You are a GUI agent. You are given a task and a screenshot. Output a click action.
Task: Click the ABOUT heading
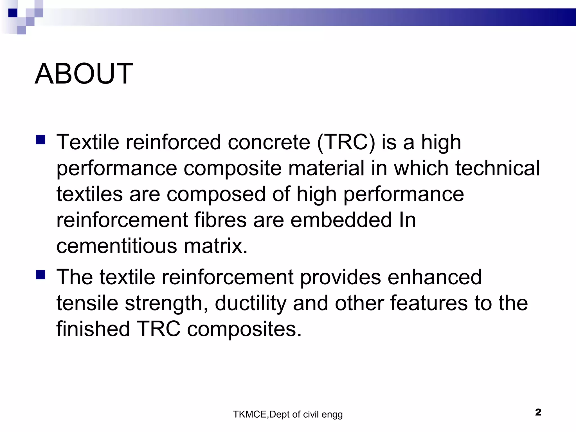coord(84,74)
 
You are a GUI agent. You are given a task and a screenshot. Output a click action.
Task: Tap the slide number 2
coord(538,412)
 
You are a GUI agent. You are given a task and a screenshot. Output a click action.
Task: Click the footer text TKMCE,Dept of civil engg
coord(288,415)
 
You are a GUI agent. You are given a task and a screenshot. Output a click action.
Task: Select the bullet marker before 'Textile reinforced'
coord(41,139)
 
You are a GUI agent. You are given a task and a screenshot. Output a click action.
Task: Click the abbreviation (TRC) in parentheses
coord(346,142)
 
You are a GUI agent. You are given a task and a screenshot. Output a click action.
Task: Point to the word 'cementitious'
coord(116,246)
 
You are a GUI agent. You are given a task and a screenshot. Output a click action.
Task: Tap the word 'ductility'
coord(250,304)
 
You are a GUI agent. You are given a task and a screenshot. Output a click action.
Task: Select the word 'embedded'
coord(341,220)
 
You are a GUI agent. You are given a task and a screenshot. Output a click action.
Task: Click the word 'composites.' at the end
coord(244,329)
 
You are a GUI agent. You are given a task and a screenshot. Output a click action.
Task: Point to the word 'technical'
coord(497,168)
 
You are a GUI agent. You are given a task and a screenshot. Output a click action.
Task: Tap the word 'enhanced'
coord(435,277)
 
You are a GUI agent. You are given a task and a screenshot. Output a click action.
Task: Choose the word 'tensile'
coord(87,303)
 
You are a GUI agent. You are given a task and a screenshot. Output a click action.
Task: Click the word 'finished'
coord(93,329)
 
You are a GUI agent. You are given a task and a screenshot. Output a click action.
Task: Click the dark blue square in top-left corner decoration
coord(13,13)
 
